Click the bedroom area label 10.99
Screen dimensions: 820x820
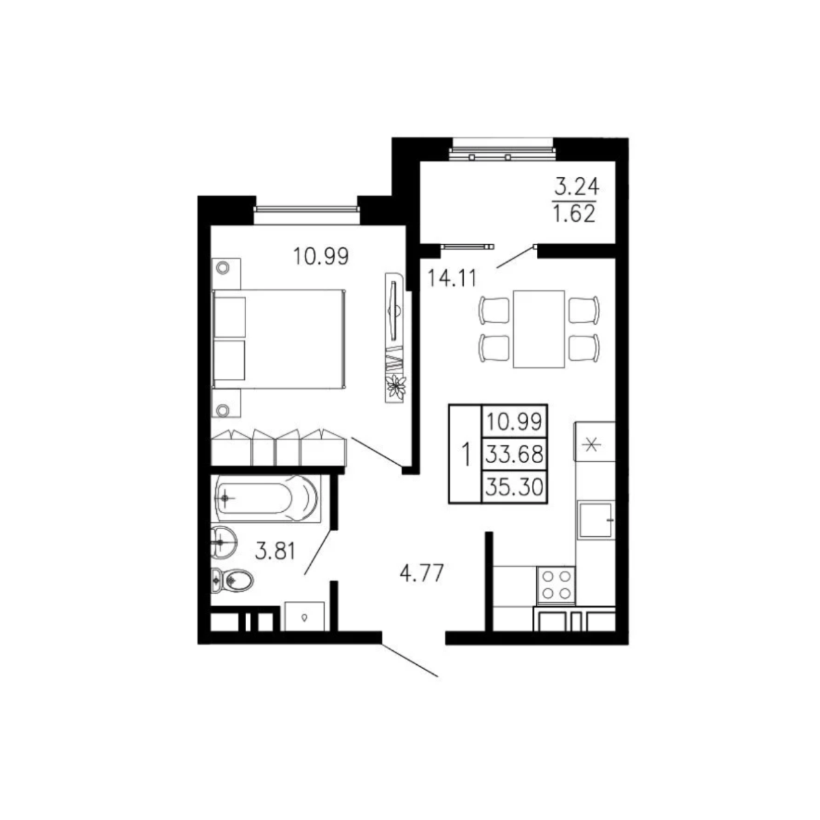click(x=321, y=256)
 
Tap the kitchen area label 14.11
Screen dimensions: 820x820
click(x=453, y=278)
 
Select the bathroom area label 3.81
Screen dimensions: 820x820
click(x=275, y=551)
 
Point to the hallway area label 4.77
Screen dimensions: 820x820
click(x=421, y=572)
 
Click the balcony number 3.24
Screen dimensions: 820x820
click(x=577, y=186)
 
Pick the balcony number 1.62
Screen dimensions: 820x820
click(x=575, y=214)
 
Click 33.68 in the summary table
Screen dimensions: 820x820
click(x=514, y=455)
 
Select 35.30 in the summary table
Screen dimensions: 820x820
click(x=514, y=487)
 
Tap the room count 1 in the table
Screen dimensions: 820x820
click(x=466, y=454)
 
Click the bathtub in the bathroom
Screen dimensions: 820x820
click(x=266, y=498)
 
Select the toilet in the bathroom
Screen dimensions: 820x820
click(x=232, y=581)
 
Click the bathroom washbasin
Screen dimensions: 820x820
click(x=224, y=543)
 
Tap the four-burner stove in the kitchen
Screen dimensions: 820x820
click(x=556, y=585)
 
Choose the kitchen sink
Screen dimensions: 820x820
click(x=596, y=520)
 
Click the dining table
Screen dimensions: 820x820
click(x=539, y=329)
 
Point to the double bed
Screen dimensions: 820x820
click(x=278, y=339)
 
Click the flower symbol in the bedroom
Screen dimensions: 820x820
click(x=395, y=388)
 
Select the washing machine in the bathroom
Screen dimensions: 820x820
click(x=304, y=616)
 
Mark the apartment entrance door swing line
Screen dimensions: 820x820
click(x=409, y=660)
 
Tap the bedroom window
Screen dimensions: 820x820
click(x=306, y=210)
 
